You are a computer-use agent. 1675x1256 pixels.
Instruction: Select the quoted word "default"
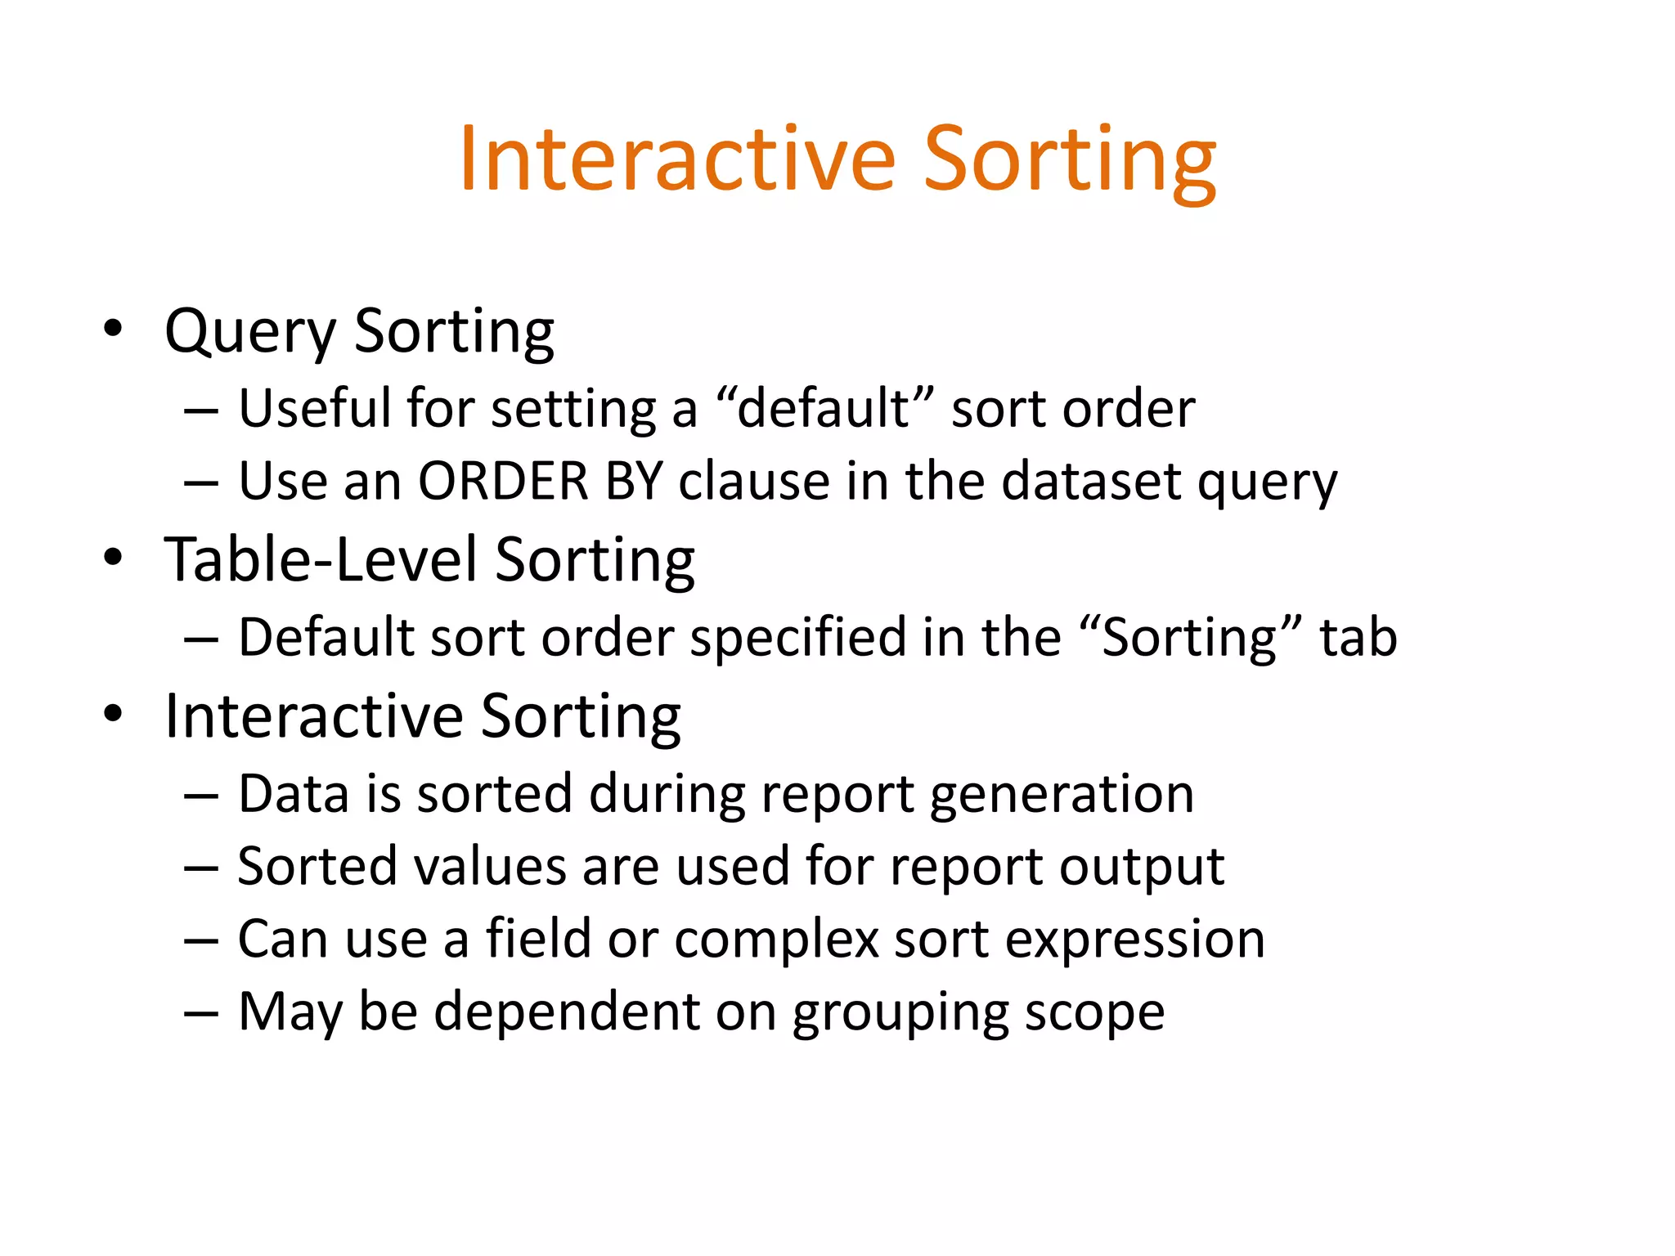point(824,408)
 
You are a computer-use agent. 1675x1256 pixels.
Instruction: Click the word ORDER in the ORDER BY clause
point(503,481)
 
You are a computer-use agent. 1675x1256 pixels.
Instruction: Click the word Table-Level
point(320,561)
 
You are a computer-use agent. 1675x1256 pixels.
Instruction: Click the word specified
point(797,638)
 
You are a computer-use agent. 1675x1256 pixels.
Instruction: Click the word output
point(1142,867)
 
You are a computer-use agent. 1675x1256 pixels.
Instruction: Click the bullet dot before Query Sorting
point(113,330)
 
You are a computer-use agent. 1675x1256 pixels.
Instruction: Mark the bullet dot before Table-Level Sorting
point(113,558)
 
